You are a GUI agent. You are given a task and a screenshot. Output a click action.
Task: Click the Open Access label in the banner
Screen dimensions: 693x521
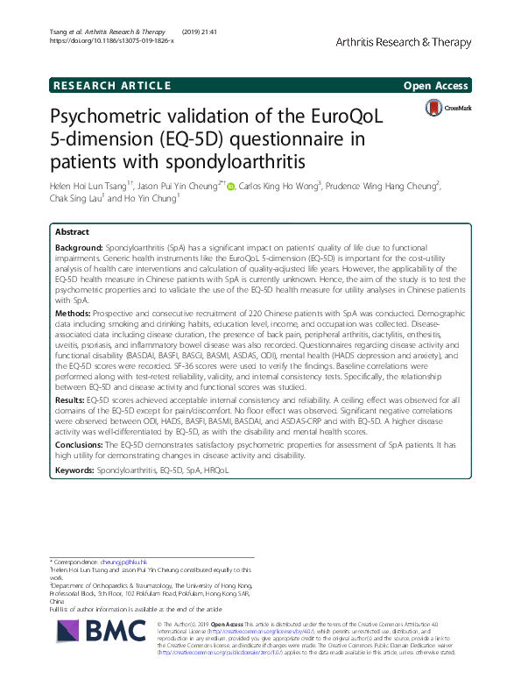pyautogui.click(x=435, y=85)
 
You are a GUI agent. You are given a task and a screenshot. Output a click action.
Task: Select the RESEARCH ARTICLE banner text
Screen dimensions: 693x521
pyautogui.click(x=110, y=85)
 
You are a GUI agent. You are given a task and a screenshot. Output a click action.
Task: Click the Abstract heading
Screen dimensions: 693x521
pyautogui.click(x=71, y=232)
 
